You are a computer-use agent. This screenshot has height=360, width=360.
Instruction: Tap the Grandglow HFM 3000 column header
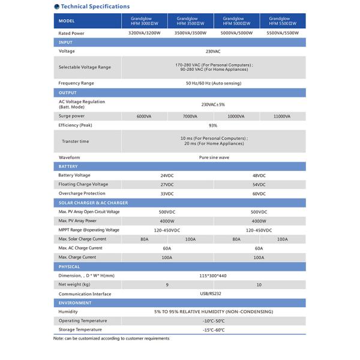(x=144, y=20)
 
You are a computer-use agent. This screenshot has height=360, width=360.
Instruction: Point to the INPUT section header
(x=65, y=42)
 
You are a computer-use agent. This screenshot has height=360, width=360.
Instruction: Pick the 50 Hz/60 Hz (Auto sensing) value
(x=213, y=83)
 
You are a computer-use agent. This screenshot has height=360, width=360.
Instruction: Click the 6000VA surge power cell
(x=144, y=116)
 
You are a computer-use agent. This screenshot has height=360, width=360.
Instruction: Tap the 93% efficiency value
(x=213, y=125)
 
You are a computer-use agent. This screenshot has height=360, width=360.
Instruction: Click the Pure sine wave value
(x=213, y=157)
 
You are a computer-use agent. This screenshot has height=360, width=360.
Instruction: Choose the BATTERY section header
(x=68, y=166)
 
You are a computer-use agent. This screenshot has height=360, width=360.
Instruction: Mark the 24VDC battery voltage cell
(x=167, y=175)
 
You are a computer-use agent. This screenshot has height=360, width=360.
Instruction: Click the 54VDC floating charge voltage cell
(x=259, y=184)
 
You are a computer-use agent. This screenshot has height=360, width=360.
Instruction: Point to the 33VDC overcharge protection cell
(x=167, y=194)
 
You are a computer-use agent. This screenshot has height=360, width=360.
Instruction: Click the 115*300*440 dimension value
(x=213, y=275)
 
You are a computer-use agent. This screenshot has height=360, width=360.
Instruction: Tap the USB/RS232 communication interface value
(x=213, y=294)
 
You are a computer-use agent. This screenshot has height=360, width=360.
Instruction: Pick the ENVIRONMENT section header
(x=75, y=303)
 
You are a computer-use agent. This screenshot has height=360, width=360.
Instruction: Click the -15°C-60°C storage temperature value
(x=213, y=330)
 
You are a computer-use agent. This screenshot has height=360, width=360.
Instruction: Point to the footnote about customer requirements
(x=111, y=338)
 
